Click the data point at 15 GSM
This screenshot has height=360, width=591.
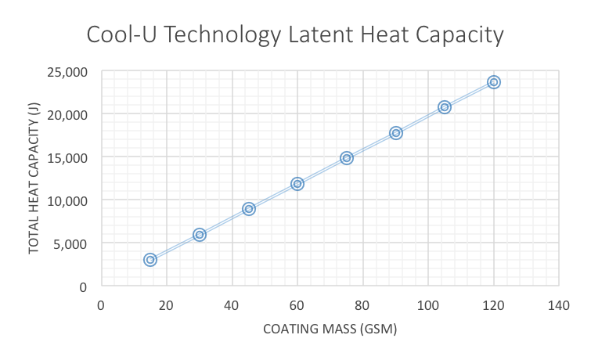(x=150, y=260)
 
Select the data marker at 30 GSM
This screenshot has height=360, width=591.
(x=200, y=235)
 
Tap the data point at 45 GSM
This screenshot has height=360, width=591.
(x=249, y=209)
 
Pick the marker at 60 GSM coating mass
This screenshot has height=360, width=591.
(x=297, y=184)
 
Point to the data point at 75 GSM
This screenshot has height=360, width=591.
(x=347, y=158)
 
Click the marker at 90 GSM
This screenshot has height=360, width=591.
(x=396, y=133)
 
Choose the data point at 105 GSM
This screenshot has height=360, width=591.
(x=445, y=107)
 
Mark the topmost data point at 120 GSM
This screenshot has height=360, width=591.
(x=494, y=82)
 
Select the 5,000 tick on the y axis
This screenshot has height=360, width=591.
(x=72, y=243)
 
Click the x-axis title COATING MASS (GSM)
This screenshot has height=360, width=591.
(x=330, y=329)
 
